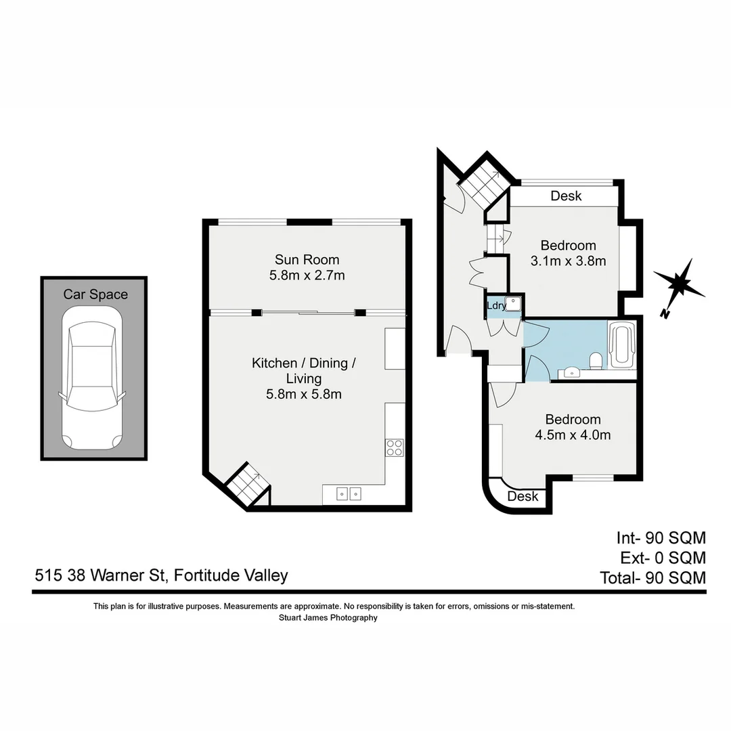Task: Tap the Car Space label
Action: (95, 294)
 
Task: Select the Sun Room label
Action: (307, 259)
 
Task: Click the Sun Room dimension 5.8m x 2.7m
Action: (307, 275)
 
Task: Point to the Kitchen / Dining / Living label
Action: (304, 370)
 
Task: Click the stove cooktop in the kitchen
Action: (395, 447)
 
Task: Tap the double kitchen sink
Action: (349, 493)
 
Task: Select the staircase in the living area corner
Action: (248, 485)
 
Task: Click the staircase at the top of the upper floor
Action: (484, 183)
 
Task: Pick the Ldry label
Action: (496, 306)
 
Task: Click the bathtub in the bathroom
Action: (621, 346)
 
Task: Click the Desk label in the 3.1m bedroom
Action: (566, 196)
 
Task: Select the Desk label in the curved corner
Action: (523, 496)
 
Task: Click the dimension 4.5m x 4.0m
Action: (573, 435)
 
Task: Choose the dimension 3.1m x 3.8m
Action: (568, 261)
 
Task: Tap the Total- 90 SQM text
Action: (652, 578)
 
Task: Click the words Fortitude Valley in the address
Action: (231, 575)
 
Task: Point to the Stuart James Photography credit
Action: (328, 617)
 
